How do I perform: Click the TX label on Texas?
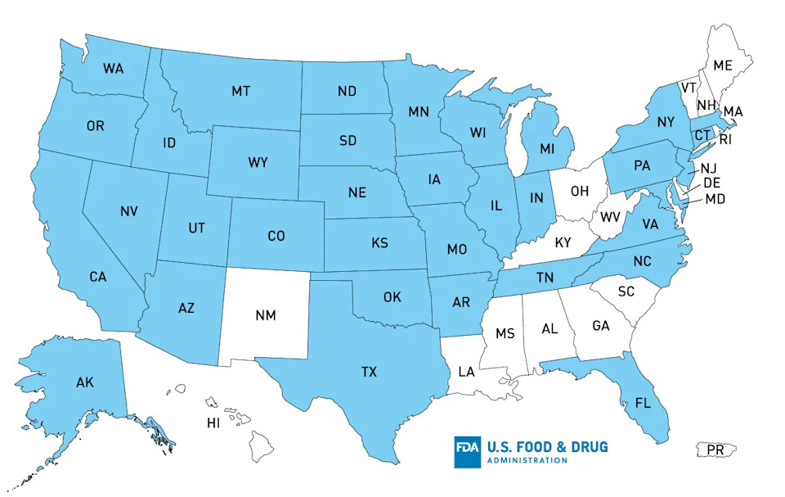coord(369,372)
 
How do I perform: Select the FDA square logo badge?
coord(469,452)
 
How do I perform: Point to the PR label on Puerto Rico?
coord(715,450)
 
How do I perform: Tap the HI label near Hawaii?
coord(214,423)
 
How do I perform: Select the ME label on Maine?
coord(723,66)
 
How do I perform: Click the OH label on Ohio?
coord(579,192)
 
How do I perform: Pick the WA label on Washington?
coord(114,69)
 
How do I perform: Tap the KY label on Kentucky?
coord(563,243)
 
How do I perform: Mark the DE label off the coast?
coord(711,183)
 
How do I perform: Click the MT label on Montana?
coord(240,91)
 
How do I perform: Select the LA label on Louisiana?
coord(466,372)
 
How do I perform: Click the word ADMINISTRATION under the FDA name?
coord(527,461)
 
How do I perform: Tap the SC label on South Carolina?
coord(626,291)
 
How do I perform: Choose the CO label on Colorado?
coord(276,236)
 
